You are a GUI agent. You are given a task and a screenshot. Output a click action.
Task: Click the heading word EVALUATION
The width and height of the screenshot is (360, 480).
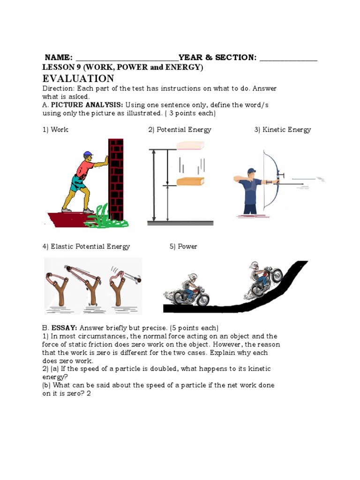click(x=78, y=78)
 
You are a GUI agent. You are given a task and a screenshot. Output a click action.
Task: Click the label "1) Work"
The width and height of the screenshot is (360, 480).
click(x=55, y=130)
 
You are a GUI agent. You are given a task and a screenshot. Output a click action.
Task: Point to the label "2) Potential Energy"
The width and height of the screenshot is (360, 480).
click(x=180, y=130)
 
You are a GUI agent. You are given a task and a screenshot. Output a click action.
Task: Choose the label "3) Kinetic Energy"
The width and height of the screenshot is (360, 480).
click(x=283, y=130)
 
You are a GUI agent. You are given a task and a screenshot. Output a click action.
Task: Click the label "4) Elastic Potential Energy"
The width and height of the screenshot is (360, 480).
click(x=86, y=247)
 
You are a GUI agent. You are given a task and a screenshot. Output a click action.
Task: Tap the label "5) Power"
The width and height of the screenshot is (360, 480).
click(x=183, y=247)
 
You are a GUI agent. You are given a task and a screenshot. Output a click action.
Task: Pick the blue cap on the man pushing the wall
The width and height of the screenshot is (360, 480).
click(x=88, y=154)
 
